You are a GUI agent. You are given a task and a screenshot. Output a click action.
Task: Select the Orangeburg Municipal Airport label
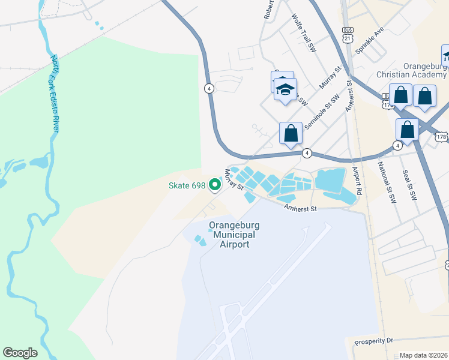(228, 235)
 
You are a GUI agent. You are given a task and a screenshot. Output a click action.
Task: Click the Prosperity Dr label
(373, 340)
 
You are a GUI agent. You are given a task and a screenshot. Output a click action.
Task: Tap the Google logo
(20, 353)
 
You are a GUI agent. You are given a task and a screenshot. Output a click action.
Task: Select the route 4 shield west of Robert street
(208, 88)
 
